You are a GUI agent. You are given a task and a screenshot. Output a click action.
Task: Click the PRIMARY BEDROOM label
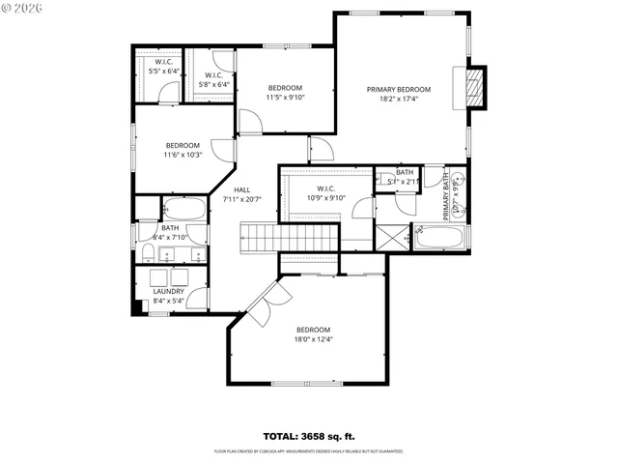pyautogui.click(x=398, y=89)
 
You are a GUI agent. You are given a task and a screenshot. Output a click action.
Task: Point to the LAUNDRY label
pyautogui.click(x=169, y=290)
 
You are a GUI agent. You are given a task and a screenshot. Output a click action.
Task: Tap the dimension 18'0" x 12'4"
pyautogui.click(x=313, y=339)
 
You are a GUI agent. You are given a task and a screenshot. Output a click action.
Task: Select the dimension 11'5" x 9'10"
pyautogui.click(x=285, y=98)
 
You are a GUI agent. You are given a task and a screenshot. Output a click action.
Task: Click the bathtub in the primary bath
pyautogui.click(x=440, y=237)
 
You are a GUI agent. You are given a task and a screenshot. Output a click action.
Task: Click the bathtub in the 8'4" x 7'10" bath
pyautogui.click(x=183, y=209)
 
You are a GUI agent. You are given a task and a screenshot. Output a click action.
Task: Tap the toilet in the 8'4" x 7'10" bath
pyautogui.click(x=149, y=253)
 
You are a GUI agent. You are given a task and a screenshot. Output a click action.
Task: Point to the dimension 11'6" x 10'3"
pyautogui.click(x=182, y=155)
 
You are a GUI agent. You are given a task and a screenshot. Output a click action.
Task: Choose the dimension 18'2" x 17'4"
pyautogui.click(x=398, y=99)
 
